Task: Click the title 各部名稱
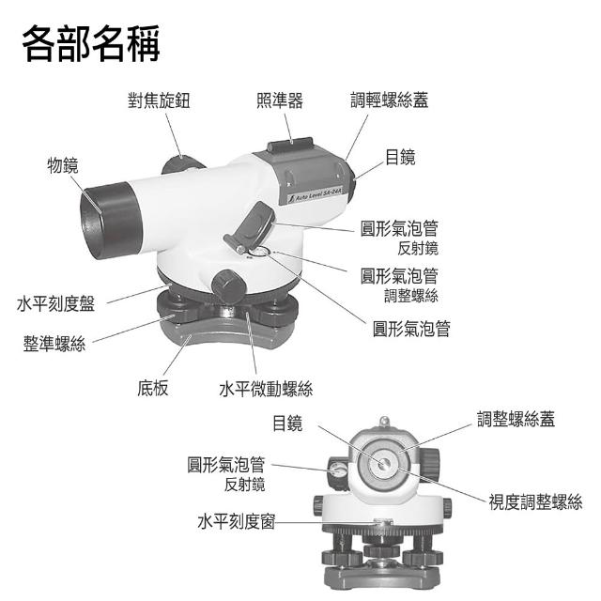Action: (x=91, y=43)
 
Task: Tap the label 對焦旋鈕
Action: (x=159, y=100)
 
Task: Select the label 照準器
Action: (x=280, y=100)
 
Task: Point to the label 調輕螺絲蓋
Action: (x=389, y=100)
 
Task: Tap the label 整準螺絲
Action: (x=54, y=344)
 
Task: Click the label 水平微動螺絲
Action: (x=266, y=387)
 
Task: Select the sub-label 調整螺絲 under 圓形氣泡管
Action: (x=411, y=296)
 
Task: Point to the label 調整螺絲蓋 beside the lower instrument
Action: (x=516, y=419)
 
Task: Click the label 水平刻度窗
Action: (x=236, y=521)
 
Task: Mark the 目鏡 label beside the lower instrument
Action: (x=287, y=424)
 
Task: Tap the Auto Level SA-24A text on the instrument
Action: (x=315, y=195)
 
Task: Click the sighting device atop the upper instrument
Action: (x=288, y=146)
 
